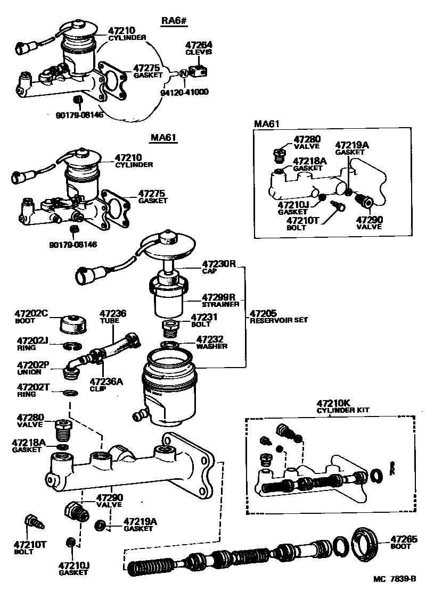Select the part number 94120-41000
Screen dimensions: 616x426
[x=184, y=92]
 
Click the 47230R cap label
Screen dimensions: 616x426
[x=218, y=263]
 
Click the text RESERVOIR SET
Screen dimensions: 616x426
[x=279, y=320]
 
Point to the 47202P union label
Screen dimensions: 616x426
[x=32, y=365]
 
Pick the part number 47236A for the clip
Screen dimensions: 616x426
[x=106, y=381]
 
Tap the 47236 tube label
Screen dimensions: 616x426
[x=113, y=314]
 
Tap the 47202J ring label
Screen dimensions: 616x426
[x=32, y=340]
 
